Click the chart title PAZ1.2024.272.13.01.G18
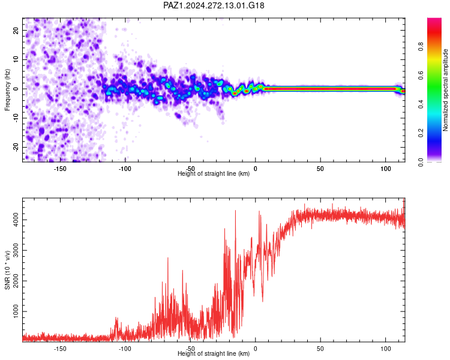214,5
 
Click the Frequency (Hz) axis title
7,90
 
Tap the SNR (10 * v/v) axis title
7,270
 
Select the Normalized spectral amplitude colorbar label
445,90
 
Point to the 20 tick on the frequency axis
16,30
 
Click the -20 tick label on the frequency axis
16,147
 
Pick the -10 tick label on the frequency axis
16,118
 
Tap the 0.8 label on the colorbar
421,46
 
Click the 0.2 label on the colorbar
421,133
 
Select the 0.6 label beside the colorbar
421,75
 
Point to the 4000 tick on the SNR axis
16,220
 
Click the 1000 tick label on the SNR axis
16,311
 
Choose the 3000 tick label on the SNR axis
16,250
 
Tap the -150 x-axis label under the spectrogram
59,169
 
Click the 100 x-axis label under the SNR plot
385,349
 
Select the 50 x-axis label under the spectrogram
320,169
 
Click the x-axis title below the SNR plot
214,353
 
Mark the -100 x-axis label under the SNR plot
125,349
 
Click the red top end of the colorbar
434,20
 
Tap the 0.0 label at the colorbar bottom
421,162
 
